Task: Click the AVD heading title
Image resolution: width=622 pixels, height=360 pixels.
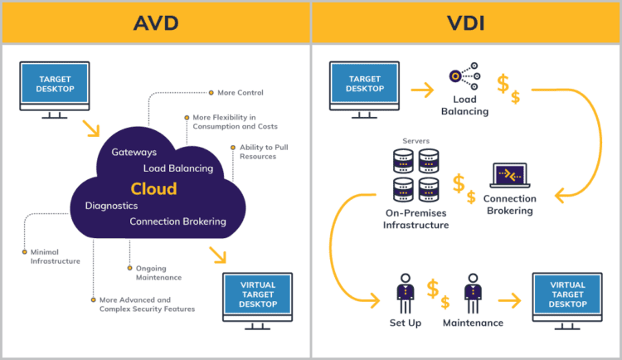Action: (x=155, y=22)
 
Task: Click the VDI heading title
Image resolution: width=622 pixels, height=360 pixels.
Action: (x=466, y=22)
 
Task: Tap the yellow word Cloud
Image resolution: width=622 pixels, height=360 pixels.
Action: (x=153, y=188)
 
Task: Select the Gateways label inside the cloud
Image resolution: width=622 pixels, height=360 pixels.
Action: (x=134, y=153)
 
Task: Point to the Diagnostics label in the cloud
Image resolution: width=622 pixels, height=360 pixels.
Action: (x=111, y=205)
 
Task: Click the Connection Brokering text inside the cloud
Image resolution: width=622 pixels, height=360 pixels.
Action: (x=177, y=221)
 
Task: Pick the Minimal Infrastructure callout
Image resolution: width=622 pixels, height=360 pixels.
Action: (x=55, y=255)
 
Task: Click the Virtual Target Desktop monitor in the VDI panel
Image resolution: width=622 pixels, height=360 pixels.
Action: (x=566, y=295)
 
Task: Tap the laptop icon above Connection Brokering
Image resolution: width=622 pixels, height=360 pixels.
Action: (x=509, y=175)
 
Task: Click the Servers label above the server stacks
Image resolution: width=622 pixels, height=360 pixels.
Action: (x=416, y=141)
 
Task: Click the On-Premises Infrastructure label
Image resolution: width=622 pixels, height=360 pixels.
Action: (x=415, y=219)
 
